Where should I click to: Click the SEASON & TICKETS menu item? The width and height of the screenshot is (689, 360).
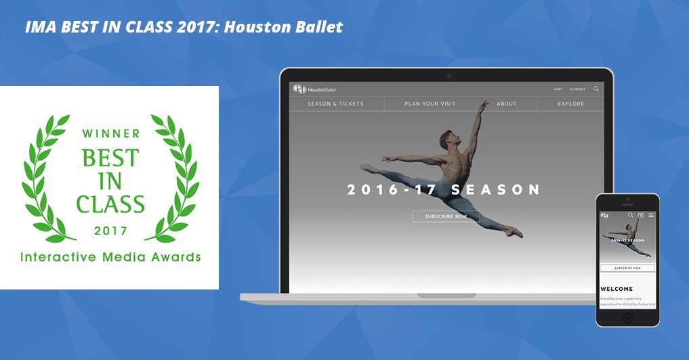point(335,104)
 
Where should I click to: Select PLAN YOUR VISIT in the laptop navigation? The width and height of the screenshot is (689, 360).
point(430,104)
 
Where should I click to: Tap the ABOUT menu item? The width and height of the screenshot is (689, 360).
point(506,104)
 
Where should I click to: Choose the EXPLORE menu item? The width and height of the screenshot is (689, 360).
point(570,104)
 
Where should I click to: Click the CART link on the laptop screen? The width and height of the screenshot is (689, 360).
point(558,89)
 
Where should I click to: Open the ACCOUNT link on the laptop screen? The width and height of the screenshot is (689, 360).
point(577,89)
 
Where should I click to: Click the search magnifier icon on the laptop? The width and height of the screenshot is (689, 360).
point(596,89)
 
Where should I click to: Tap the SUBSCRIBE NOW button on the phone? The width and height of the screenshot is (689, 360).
point(627,268)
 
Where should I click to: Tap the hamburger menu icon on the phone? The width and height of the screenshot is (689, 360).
point(651,216)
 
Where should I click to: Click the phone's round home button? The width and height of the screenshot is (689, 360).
point(627,317)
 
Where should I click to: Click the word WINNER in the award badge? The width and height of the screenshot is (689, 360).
point(111,133)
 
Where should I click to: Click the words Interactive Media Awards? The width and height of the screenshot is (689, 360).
point(110,257)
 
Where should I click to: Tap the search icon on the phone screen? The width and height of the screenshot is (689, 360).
point(631,216)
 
